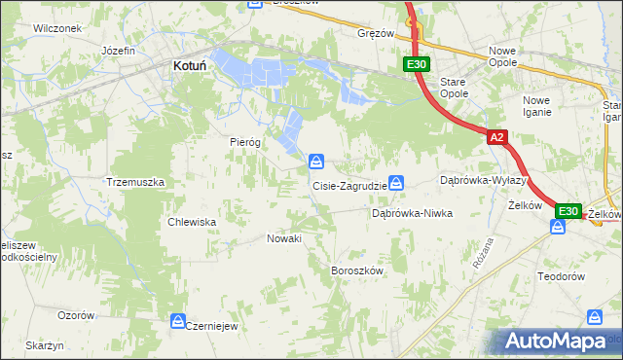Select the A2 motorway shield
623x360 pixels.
coord(496,138)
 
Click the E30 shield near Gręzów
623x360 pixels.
coord(416,64)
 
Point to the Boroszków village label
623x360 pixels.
coord(359,270)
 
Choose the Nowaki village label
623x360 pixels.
coord(284,238)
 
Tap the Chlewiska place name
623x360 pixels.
coord(192,222)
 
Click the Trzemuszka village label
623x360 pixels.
coord(136,182)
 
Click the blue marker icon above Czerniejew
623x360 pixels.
coord(178,320)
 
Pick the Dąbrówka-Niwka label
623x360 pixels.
coord(412,213)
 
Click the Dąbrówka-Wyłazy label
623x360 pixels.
coord(484,181)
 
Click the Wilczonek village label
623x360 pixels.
coord(55,28)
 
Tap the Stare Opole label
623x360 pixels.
coord(454,88)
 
